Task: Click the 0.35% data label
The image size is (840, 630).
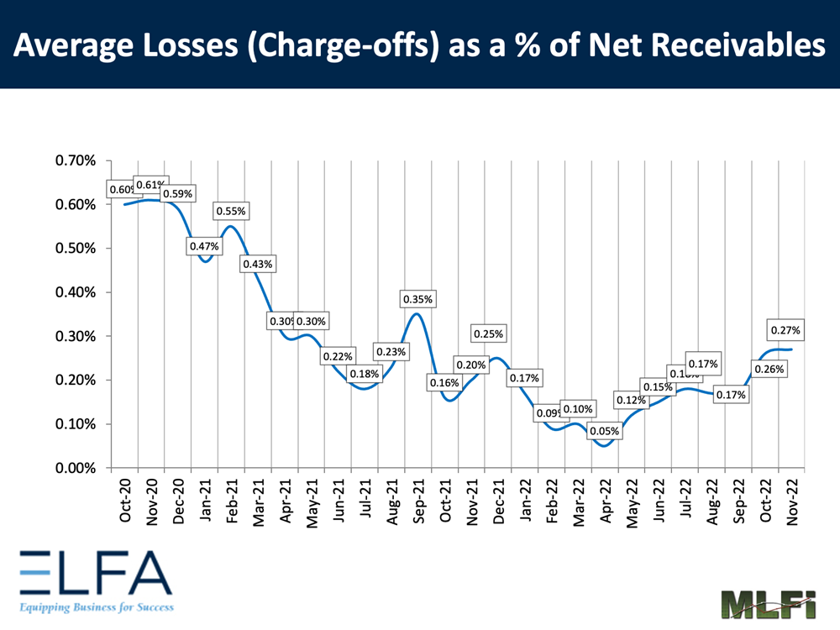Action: point(418,299)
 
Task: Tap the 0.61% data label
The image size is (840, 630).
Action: point(151,185)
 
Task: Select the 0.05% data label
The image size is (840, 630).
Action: point(604,432)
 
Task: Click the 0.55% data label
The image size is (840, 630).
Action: point(230,212)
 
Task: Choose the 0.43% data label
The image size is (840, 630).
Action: point(257,264)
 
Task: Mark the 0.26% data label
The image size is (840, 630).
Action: point(769,369)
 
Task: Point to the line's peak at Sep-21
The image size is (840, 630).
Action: point(417,314)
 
